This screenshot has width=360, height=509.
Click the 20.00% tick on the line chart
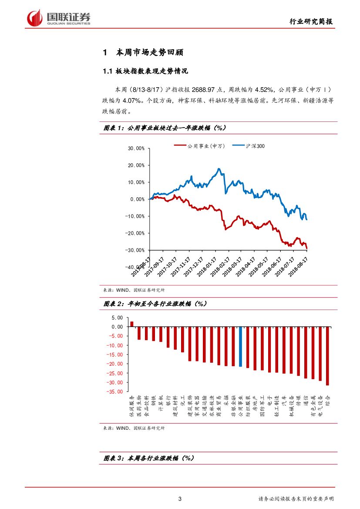pyautogui.click(x=136, y=165)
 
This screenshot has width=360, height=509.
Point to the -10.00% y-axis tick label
pyautogui.click(x=135, y=216)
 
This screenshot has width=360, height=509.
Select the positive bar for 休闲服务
pyautogui.click(x=131, y=324)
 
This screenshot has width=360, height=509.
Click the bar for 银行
pyautogui.click(x=168, y=337)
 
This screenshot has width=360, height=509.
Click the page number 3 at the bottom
pyautogui.click(x=180, y=499)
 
